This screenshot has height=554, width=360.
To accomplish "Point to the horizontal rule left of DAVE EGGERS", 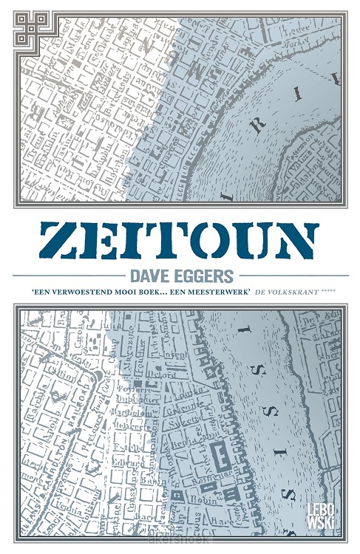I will point(70,275).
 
